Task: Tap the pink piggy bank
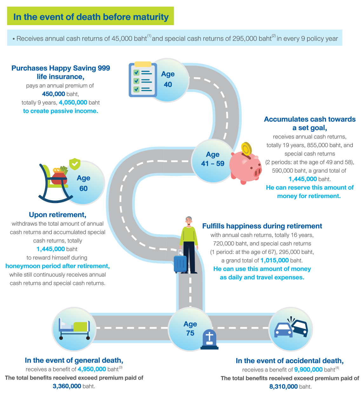pos(245,167)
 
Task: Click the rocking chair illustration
pos(54,184)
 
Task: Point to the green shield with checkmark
pos(75,164)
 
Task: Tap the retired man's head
pos(189,220)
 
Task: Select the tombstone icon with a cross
pos(209,339)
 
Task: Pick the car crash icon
pos(291,329)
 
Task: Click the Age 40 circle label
pos(168,79)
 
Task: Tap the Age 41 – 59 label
pos(212,159)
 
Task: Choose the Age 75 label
pos(190,328)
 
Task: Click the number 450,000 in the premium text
pos(54,94)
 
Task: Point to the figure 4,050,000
pos(73,103)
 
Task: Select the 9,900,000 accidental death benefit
pos(308,370)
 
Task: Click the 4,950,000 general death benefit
pos(92,369)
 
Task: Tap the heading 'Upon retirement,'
pos(57,215)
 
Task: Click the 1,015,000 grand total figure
pos(275,260)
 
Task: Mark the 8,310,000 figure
pos(284,387)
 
